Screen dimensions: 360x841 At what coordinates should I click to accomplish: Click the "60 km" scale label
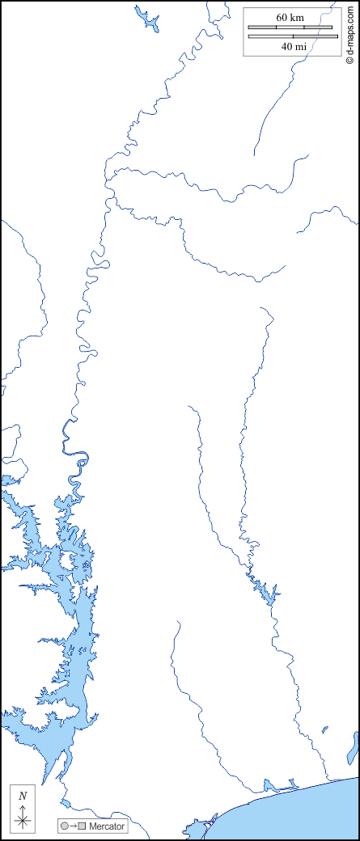coord(289,17)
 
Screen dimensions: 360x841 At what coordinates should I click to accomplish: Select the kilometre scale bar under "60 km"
coord(290,27)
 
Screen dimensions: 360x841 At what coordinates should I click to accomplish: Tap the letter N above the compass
coord(23,797)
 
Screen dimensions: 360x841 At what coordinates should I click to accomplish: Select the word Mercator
coord(106,826)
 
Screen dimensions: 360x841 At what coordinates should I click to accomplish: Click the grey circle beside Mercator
coord(64,826)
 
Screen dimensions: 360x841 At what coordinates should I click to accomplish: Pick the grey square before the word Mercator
coord(82,826)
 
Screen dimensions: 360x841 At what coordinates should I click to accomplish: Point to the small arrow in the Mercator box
coord(73,826)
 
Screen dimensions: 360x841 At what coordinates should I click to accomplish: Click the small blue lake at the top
coord(147,19)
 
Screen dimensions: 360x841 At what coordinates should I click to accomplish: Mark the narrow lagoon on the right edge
coord(353,747)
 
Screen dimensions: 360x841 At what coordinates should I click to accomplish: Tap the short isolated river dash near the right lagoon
coord(325,729)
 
